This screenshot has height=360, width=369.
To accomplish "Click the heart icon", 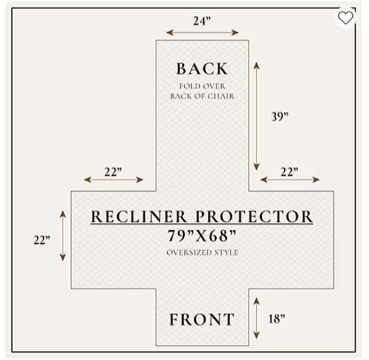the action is point(346,18).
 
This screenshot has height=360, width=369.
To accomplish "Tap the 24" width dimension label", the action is point(202,21).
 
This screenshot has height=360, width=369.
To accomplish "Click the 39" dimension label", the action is point(280,116).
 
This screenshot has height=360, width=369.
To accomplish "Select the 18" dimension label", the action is point(276,319).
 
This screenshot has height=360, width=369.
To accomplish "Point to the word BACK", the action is point(202,69).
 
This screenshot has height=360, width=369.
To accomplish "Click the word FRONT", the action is point(202,319).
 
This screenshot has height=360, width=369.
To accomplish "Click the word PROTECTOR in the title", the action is point(254,216).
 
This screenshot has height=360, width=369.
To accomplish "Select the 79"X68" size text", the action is point(202,236).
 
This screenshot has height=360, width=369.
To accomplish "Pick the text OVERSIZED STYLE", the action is point(202,252).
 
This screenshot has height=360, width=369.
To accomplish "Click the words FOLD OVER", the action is point(202,86).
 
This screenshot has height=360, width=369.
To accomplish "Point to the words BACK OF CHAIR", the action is point(202,96).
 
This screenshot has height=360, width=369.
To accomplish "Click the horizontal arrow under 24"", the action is point(202,32).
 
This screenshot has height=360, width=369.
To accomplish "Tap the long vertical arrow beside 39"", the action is point(257,116).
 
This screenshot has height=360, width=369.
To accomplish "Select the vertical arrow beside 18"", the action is point(257,318).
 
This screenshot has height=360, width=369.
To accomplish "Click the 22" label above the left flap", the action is point(113,172).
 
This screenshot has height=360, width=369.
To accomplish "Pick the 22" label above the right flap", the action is point(289,172).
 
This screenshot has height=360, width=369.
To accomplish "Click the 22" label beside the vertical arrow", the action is point(42,240).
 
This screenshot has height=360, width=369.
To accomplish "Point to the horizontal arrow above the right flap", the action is point(290,180).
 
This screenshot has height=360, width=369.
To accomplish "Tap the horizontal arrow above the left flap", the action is point(114,180).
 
